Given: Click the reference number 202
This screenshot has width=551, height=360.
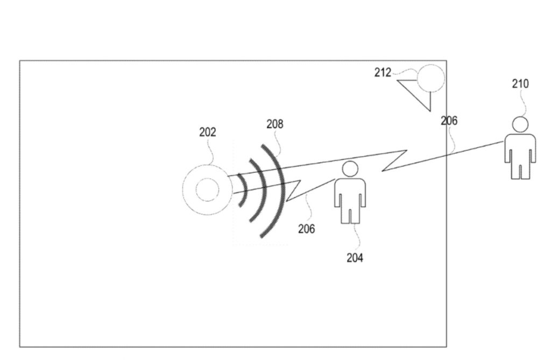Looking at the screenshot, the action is coord(208,132).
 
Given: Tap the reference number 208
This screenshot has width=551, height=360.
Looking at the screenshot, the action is coord(275,124).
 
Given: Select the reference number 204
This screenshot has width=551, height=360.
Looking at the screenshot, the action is coord(355,258).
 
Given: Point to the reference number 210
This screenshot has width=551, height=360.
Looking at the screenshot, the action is coord(520,83).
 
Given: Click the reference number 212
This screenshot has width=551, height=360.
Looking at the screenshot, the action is coord(383,73).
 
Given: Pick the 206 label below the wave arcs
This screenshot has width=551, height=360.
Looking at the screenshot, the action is coord(306,229).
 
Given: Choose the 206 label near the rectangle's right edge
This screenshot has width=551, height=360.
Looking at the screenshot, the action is coord(449,121).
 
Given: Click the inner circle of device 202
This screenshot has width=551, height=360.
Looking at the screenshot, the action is coord(207,190).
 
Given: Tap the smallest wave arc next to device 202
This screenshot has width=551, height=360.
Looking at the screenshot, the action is coord(243,190).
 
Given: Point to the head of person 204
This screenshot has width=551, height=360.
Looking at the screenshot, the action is coord(350,169).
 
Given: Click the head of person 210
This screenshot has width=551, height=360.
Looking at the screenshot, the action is coord(520,124).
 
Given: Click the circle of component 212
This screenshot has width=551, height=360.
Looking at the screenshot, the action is coord(430,78).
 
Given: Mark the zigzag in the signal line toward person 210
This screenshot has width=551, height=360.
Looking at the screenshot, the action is coord(394,161).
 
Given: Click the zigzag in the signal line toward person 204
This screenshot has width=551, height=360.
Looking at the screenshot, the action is coord(293,190).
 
